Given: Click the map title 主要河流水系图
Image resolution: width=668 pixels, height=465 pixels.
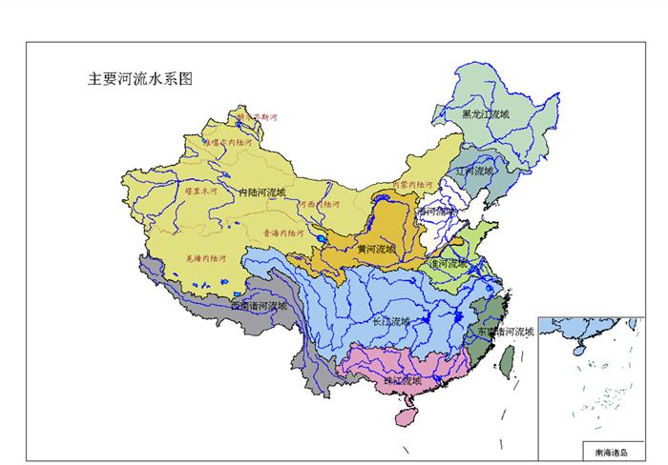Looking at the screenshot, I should coord(140,79).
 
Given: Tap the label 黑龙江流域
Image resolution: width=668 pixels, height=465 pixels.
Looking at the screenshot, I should coord(485,114).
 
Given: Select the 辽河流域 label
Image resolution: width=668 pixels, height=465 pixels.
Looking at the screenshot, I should coord(474,172).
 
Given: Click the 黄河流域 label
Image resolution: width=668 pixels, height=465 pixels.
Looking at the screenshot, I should coord(375,250).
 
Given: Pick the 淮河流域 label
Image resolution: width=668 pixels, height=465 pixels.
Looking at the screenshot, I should coord(449,263).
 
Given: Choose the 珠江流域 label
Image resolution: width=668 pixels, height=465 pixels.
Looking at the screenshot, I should coord(402,380).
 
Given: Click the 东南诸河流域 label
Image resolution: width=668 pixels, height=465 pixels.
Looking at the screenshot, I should coord(506,333).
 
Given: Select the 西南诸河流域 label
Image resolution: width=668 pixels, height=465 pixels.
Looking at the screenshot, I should coord(258,306).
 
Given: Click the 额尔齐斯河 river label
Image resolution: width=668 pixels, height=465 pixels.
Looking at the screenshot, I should coord(256,118).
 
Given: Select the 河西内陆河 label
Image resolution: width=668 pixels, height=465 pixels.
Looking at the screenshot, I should coord(319,204).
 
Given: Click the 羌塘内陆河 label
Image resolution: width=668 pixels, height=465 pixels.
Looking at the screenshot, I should coord(205,257).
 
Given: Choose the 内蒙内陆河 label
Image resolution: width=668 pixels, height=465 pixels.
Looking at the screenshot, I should coord(412,184).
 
